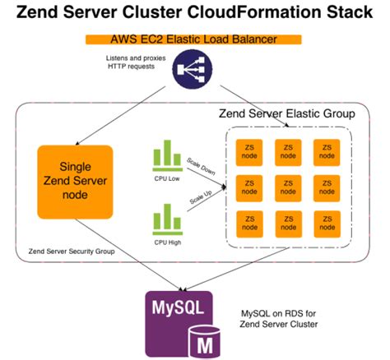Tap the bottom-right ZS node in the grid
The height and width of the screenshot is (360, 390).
tap(327, 224)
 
